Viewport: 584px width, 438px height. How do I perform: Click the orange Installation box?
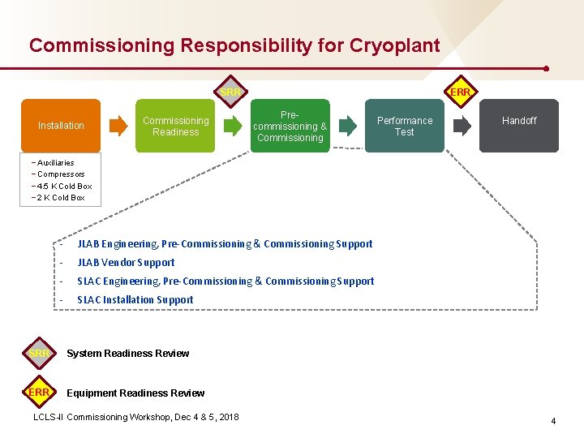[x=61, y=126]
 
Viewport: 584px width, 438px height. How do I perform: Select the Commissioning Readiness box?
[x=175, y=126]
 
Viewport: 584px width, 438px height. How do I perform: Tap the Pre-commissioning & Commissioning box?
[x=290, y=126]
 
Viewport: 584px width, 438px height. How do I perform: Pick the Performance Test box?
[x=404, y=126]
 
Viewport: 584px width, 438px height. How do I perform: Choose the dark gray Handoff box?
[x=519, y=126]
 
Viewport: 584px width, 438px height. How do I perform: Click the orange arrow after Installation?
[x=118, y=126]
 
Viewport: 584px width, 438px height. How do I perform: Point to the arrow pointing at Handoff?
[x=462, y=126]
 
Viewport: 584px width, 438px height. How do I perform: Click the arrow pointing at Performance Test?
[x=347, y=126]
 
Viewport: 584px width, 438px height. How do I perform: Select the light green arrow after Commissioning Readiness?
[x=233, y=126]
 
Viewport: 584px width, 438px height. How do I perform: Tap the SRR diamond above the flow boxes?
[x=230, y=92]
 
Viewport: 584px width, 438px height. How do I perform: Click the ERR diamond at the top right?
[x=460, y=92]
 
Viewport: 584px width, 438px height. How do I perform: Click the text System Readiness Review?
[x=127, y=354]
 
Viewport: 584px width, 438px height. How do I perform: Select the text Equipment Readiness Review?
[x=135, y=393]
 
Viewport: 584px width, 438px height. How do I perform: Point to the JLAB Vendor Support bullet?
[x=126, y=263]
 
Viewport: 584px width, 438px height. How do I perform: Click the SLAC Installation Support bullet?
[x=135, y=300]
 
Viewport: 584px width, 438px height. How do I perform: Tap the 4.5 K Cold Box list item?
[x=64, y=186]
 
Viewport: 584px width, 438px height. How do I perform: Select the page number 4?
[x=553, y=421]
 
